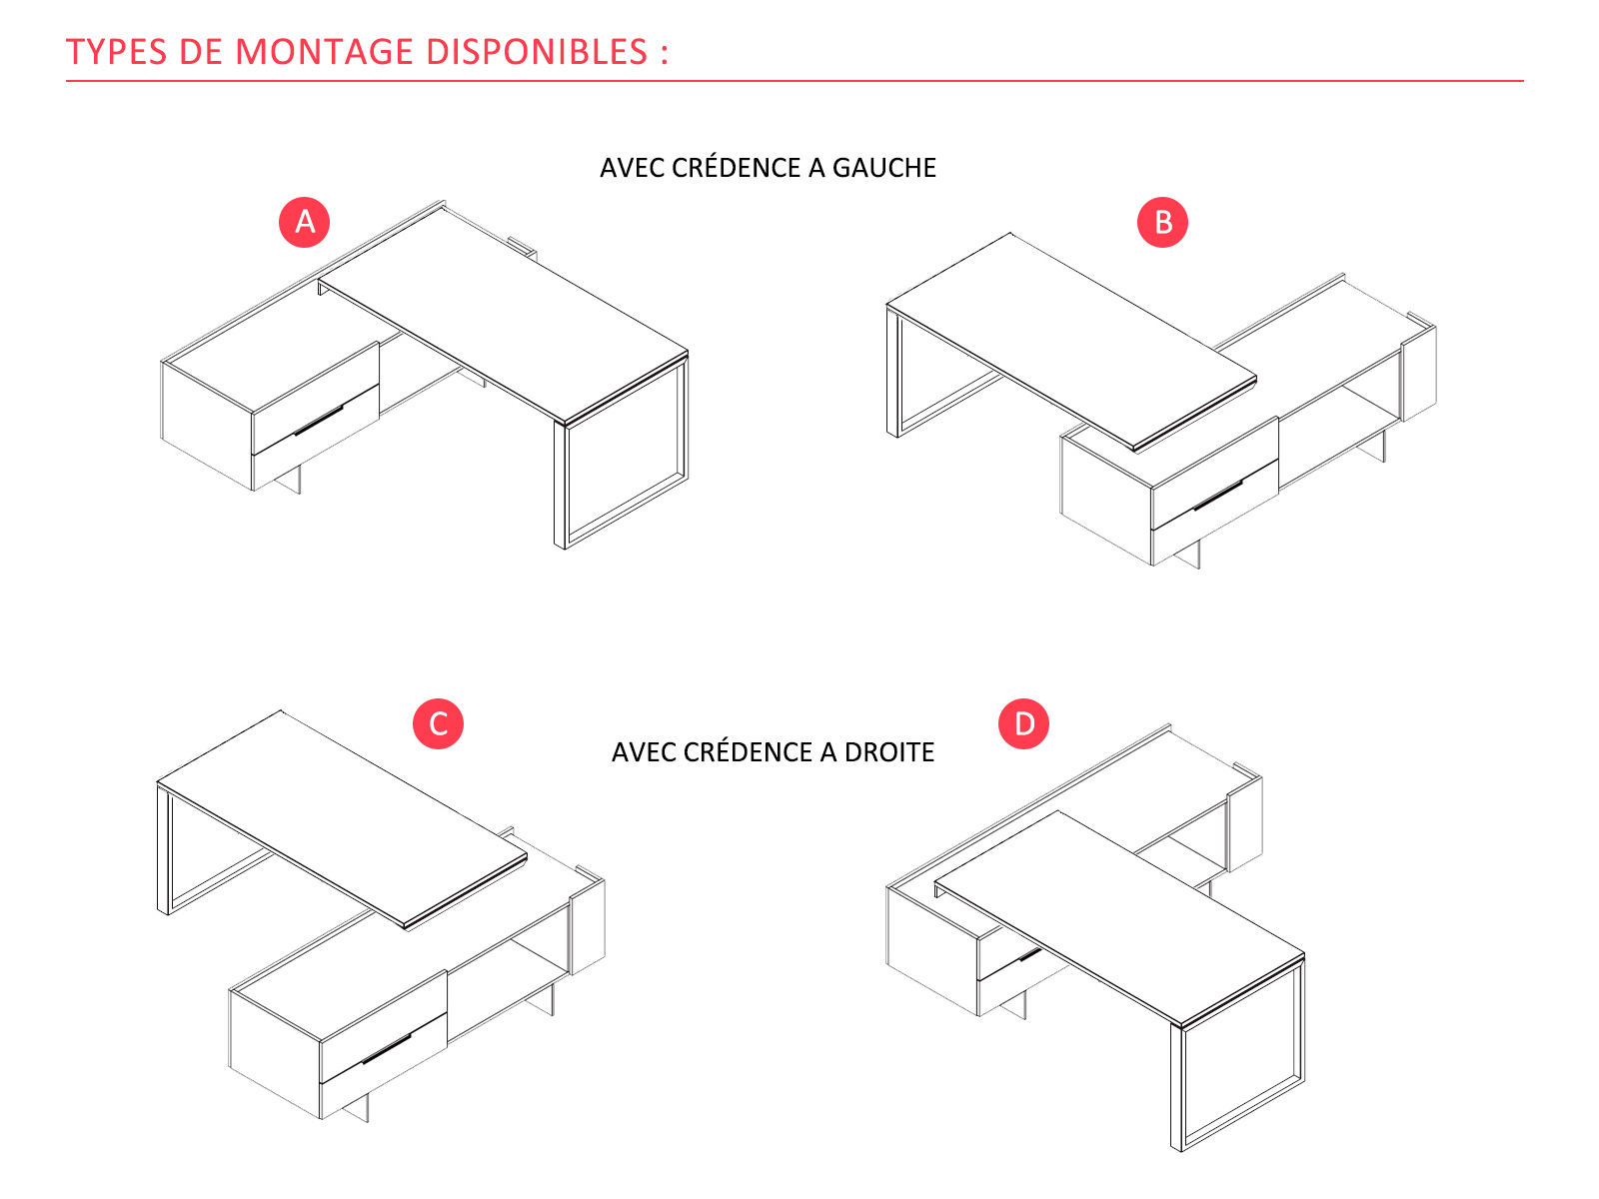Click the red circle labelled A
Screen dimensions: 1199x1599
pyautogui.click(x=305, y=222)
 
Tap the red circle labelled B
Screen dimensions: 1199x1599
pyautogui.click(x=1162, y=222)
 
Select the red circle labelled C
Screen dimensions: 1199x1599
pyautogui.click(x=438, y=723)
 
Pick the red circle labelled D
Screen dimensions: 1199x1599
pyautogui.click(x=1023, y=723)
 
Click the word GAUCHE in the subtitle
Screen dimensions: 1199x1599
pyautogui.click(x=883, y=168)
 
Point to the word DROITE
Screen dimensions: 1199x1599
pyautogui.click(x=888, y=752)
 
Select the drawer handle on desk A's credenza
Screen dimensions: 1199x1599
pyautogui.click(x=318, y=421)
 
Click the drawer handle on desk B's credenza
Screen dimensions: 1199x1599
pyautogui.click(x=1217, y=496)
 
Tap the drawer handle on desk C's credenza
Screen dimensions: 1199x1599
pyautogui.click(x=386, y=1049)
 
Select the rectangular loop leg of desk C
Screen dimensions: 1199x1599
pyautogui.click(x=164, y=849)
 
